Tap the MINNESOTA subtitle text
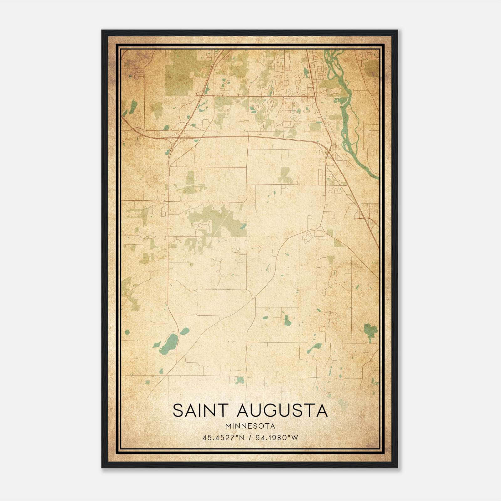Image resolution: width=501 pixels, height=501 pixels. click(x=250, y=426)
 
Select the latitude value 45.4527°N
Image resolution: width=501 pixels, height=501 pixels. click(x=222, y=438)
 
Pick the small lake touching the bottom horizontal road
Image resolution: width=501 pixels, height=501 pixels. click(x=240, y=380)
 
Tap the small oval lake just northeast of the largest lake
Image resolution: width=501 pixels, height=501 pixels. click(x=185, y=331)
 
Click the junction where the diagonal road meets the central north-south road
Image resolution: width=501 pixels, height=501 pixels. click(x=255, y=298)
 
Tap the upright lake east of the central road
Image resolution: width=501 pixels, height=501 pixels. click(x=287, y=320)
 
